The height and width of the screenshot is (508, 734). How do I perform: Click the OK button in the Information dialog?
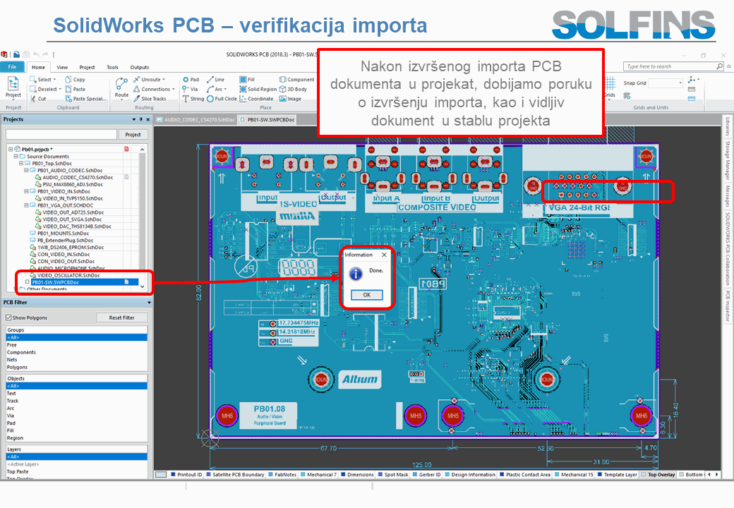click(x=366, y=295)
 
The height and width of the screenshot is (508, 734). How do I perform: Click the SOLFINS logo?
click(x=633, y=25)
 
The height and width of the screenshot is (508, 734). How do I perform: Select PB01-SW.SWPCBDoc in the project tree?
click(x=55, y=282)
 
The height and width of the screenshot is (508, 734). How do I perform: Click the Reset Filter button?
click(x=121, y=317)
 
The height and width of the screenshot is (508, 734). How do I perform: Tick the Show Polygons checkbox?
click(x=8, y=318)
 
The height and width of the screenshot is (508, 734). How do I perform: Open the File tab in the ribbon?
click(x=12, y=67)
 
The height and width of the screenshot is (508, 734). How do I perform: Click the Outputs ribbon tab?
click(x=140, y=67)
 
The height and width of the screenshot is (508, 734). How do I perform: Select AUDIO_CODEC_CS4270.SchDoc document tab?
click(x=198, y=120)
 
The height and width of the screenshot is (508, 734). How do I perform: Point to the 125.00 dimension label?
click(x=422, y=465)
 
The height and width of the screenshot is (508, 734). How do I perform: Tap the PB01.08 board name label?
click(x=270, y=409)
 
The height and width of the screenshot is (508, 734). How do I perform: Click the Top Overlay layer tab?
click(x=661, y=475)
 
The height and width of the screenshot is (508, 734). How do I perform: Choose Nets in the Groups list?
click(x=13, y=360)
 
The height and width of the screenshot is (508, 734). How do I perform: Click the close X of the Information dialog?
click(x=384, y=255)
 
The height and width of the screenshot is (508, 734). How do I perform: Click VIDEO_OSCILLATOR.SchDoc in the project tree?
click(x=68, y=275)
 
